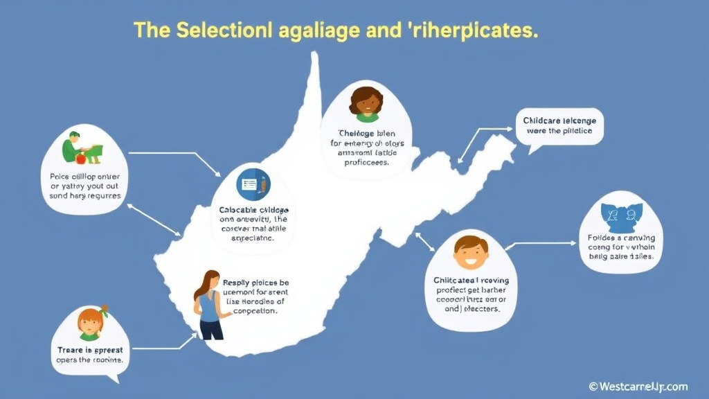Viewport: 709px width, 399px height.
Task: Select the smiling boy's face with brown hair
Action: click(x=471, y=251)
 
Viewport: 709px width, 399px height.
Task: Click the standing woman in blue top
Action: click(x=209, y=305)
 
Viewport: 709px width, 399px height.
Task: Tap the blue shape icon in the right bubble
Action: click(x=620, y=217)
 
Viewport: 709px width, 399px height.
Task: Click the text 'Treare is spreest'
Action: click(x=89, y=350)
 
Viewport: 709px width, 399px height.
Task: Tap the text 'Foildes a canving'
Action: click(x=620, y=238)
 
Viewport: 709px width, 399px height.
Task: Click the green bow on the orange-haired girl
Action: click(x=104, y=310)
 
